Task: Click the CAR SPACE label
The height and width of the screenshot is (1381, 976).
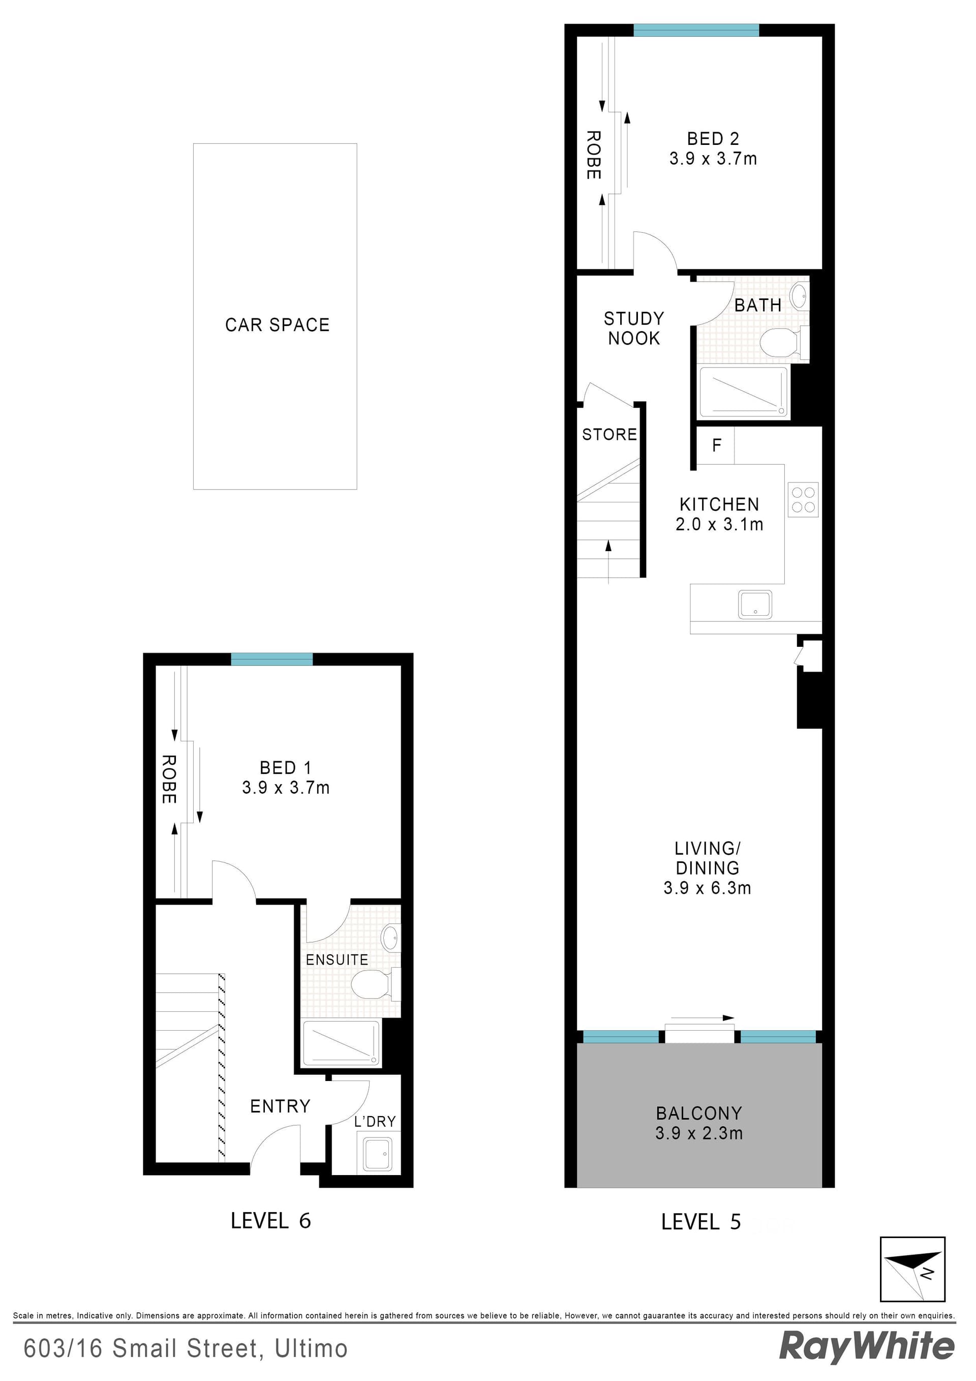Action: click(277, 325)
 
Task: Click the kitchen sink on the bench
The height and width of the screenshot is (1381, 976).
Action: click(755, 604)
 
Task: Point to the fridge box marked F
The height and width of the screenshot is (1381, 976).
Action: click(716, 445)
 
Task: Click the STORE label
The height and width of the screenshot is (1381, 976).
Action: click(609, 434)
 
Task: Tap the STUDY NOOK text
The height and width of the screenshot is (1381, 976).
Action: click(634, 328)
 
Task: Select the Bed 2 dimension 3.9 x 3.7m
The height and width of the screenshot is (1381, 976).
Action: click(713, 159)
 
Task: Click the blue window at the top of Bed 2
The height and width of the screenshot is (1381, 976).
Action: click(696, 30)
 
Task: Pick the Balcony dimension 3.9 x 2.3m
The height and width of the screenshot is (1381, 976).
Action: click(699, 1133)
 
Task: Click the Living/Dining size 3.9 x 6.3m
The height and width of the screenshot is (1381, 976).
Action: click(707, 888)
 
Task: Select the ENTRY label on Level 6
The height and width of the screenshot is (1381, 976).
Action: click(280, 1106)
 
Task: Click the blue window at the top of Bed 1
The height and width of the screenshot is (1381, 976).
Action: click(272, 659)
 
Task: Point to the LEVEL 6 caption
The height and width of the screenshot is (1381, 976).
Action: click(270, 1220)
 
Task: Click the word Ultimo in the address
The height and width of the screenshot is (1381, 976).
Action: click(311, 1349)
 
